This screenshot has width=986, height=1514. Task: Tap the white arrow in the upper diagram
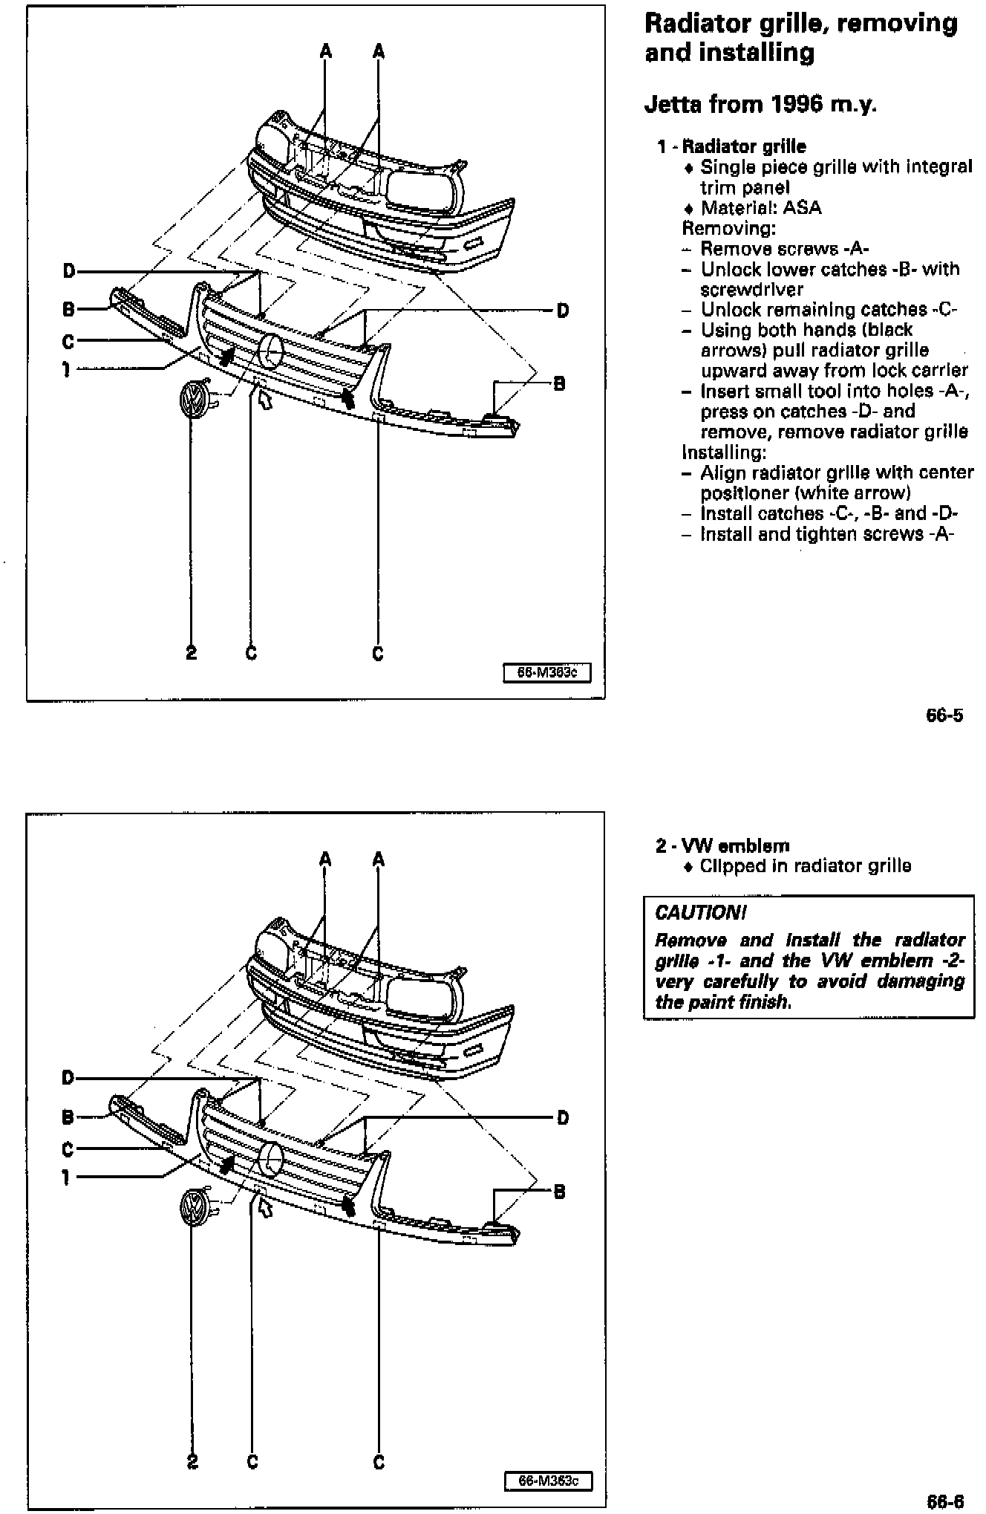point(263,399)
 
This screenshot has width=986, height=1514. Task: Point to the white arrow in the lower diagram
point(264,1207)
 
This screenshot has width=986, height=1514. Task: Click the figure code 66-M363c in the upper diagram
point(546,673)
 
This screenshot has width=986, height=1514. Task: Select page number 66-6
point(944,1501)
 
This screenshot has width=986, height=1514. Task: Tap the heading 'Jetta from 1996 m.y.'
point(760,104)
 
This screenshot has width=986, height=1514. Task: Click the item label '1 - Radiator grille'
point(731,146)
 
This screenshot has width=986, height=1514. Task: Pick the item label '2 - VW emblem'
point(722,845)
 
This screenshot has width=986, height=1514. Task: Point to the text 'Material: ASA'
point(760,208)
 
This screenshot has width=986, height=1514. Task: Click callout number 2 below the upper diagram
point(191,653)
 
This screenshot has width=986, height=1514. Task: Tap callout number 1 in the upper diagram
point(67,368)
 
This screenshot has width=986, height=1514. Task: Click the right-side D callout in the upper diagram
point(562,310)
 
